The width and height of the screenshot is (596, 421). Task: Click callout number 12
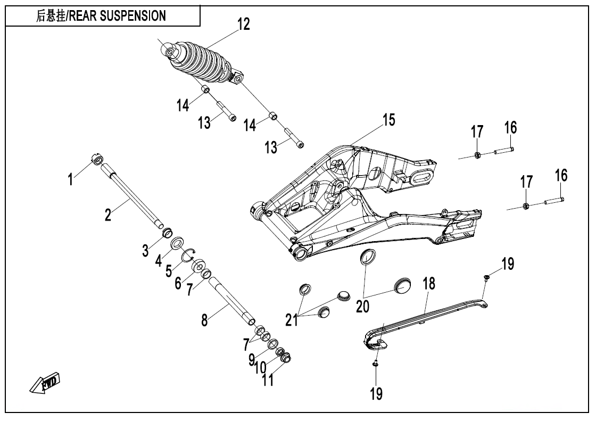(243, 24)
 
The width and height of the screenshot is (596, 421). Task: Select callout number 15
(389, 120)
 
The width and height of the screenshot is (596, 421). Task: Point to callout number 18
(429, 284)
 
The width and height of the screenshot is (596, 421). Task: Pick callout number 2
(108, 215)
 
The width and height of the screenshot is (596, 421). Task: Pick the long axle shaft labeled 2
(136, 197)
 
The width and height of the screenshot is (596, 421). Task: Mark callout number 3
(145, 250)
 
